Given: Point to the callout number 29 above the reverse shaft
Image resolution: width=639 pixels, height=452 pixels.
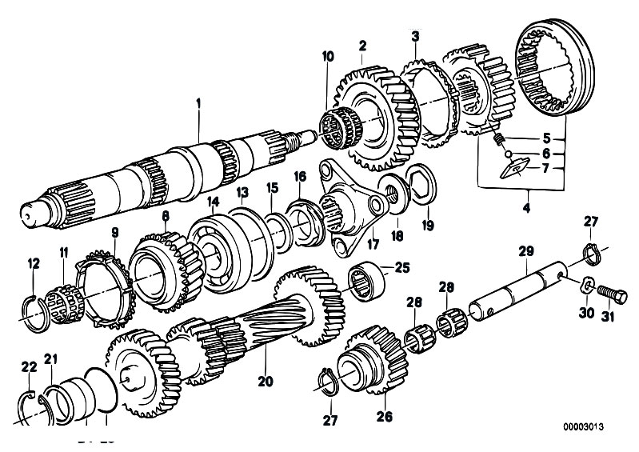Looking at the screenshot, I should coord(525,251).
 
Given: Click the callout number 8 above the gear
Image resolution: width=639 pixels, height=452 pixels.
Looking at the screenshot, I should coord(166,216).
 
